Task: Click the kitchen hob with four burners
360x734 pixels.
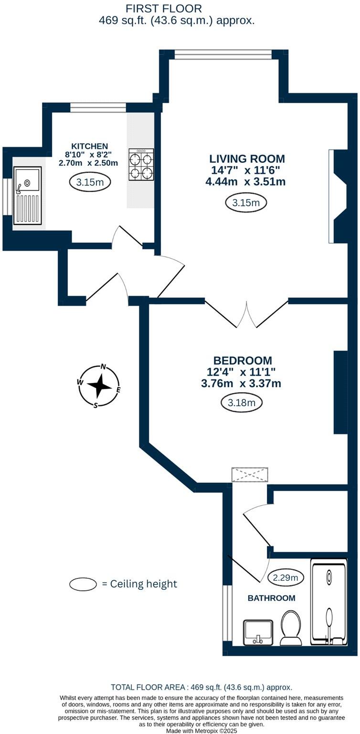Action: coord(141,165)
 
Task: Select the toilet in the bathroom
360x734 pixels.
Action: coord(291,625)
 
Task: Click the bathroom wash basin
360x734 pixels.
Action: coord(258,632)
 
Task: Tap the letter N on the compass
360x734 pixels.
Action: coord(103,367)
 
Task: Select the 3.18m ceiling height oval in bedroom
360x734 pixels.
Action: coord(242,403)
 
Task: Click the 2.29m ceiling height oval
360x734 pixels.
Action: coord(286,578)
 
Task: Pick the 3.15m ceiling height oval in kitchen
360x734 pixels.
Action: coord(90,182)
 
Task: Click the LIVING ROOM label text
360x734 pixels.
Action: coord(247,159)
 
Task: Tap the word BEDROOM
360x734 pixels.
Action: coord(243,361)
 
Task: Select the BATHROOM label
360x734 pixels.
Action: coord(271,598)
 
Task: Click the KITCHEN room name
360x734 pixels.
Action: coord(90,146)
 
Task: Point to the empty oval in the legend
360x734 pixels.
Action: coord(83,584)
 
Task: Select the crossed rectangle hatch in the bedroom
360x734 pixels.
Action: coord(250,475)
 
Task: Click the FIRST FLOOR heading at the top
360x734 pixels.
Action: coord(163,8)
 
